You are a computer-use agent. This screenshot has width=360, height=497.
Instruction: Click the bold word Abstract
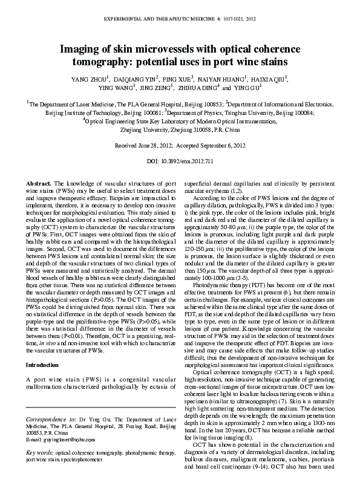pos(38,183)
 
